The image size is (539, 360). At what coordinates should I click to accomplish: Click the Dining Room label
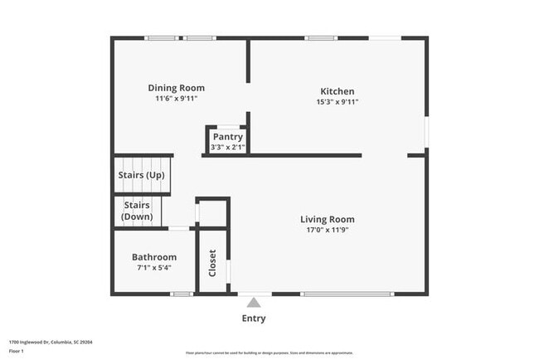pyautogui.click(x=176, y=88)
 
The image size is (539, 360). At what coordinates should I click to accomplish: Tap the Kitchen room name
pyautogui.click(x=337, y=91)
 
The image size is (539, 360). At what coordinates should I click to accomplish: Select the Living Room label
pyautogui.click(x=327, y=220)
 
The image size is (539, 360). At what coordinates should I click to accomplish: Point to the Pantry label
pyautogui.click(x=227, y=137)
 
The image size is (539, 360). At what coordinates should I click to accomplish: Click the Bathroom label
pyautogui.click(x=153, y=257)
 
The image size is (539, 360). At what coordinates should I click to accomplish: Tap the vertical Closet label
pyautogui.click(x=212, y=264)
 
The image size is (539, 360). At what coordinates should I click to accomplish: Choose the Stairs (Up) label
pyautogui.click(x=143, y=175)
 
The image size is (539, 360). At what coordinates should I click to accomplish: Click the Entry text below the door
pyautogui.click(x=254, y=319)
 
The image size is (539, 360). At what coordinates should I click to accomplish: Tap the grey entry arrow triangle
pyautogui.click(x=254, y=303)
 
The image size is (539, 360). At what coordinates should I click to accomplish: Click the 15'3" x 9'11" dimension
pyautogui.click(x=337, y=102)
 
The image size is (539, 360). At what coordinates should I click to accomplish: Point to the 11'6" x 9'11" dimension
pyautogui.click(x=176, y=99)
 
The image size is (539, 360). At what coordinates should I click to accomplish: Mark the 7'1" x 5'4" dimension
pyautogui.click(x=153, y=268)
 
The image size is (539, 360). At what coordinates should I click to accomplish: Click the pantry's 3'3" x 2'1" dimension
pyautogui.click(x=227, y=148)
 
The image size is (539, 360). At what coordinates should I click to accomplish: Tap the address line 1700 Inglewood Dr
pyautogui.click(x=51, y=341)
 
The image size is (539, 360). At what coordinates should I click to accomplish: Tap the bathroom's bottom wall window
pyautogui.click(x=182, y=294)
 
